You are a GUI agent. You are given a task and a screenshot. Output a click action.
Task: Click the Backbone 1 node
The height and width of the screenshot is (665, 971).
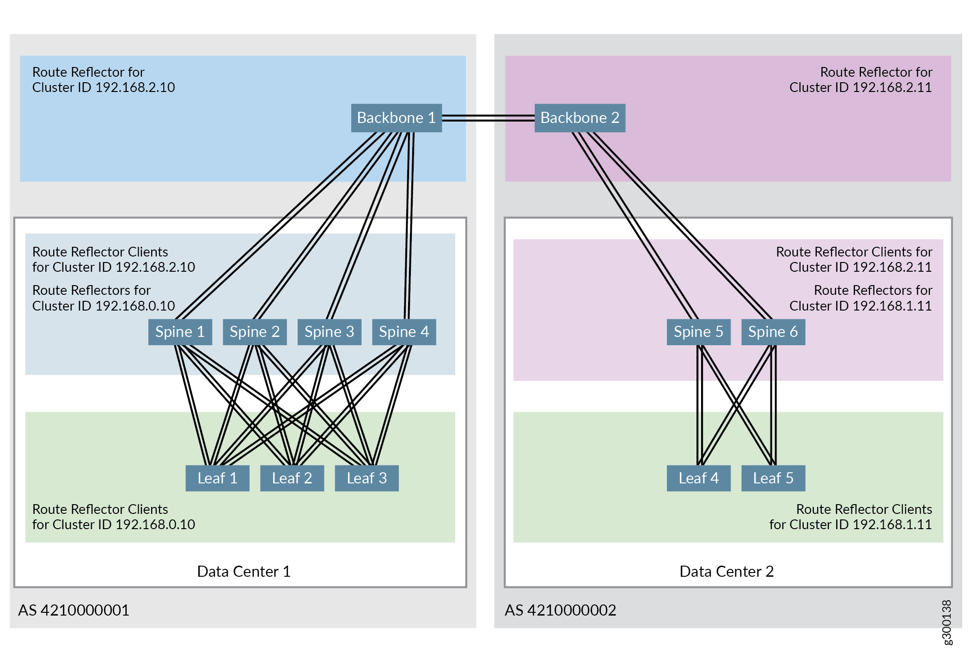[396, 118]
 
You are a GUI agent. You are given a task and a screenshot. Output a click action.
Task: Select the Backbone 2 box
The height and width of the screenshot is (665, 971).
[580, 118]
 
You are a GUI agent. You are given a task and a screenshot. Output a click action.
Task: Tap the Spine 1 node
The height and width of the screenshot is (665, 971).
[180, 332]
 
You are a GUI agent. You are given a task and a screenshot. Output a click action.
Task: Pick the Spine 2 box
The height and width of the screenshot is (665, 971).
[255, 332]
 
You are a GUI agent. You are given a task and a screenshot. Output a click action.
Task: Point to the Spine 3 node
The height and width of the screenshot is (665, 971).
[329, 332]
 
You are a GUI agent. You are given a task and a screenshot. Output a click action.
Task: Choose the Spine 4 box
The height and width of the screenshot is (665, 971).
[404, 332]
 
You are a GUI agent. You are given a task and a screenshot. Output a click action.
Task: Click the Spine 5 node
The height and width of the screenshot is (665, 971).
[698, 332]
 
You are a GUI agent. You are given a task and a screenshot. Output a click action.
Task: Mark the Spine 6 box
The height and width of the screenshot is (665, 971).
[773, 332]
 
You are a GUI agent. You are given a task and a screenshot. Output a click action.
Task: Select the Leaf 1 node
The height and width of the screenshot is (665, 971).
[217, 478]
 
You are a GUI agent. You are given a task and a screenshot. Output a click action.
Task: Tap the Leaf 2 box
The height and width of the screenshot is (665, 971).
[292, 478]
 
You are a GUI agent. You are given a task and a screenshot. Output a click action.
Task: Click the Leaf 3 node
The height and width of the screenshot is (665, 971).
[366, 478]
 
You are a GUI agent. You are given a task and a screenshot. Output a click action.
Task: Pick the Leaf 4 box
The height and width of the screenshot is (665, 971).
[698, 478]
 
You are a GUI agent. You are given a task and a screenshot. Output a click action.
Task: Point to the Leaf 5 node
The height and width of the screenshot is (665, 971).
[773, 478]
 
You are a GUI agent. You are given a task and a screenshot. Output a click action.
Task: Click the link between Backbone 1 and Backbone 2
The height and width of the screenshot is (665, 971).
[488, 118]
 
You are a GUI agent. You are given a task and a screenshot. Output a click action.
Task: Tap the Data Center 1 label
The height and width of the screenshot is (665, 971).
[244, 572]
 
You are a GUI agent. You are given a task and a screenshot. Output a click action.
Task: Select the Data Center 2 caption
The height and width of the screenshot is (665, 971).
[727, 572]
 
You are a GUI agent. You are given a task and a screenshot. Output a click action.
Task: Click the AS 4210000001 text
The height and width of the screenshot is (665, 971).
[73, 610]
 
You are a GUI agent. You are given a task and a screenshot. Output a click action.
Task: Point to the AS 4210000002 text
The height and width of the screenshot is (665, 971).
[560, 610]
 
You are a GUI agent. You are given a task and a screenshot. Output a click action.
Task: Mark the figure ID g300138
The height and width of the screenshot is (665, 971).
[947, 622]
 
